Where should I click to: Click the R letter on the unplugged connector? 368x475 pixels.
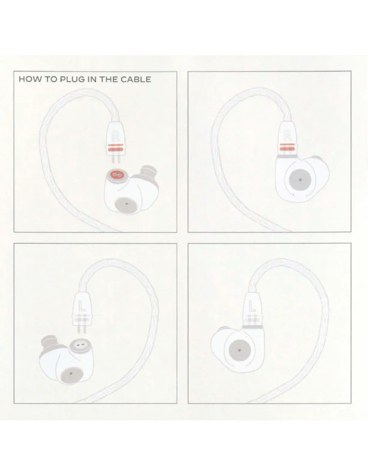pos(115,136)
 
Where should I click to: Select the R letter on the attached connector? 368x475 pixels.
pos(287,136)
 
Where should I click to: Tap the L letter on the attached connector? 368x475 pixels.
pos(252,306)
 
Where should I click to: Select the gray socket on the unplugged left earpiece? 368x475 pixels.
pos(80,345)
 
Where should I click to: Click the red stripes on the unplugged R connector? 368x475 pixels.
pos(115,148)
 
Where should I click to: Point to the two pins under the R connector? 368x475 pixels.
pos(116,158)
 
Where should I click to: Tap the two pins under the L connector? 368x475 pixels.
pos(81,328)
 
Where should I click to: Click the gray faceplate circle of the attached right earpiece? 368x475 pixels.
pos(300,180)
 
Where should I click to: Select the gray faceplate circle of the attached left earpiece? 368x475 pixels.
pos(240,350)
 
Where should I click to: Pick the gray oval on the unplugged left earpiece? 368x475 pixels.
pos(71,373)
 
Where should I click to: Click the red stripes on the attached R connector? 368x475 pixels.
pos(287,147)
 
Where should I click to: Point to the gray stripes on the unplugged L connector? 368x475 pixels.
pos(81,318)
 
